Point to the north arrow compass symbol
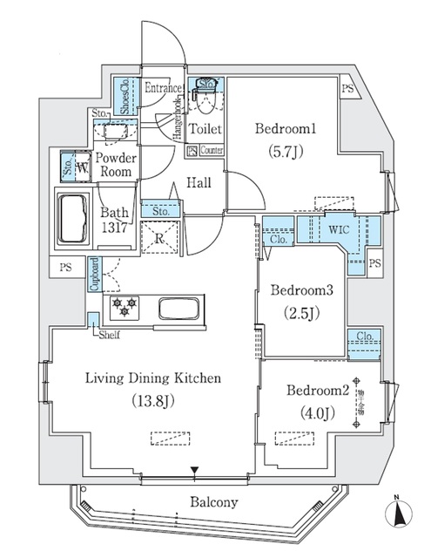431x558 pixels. [399, 510]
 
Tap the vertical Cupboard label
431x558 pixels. [92, 275]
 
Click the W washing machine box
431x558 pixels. [82, 166]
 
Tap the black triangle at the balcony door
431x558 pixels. [195, 473]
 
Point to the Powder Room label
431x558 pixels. [115, 165]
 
